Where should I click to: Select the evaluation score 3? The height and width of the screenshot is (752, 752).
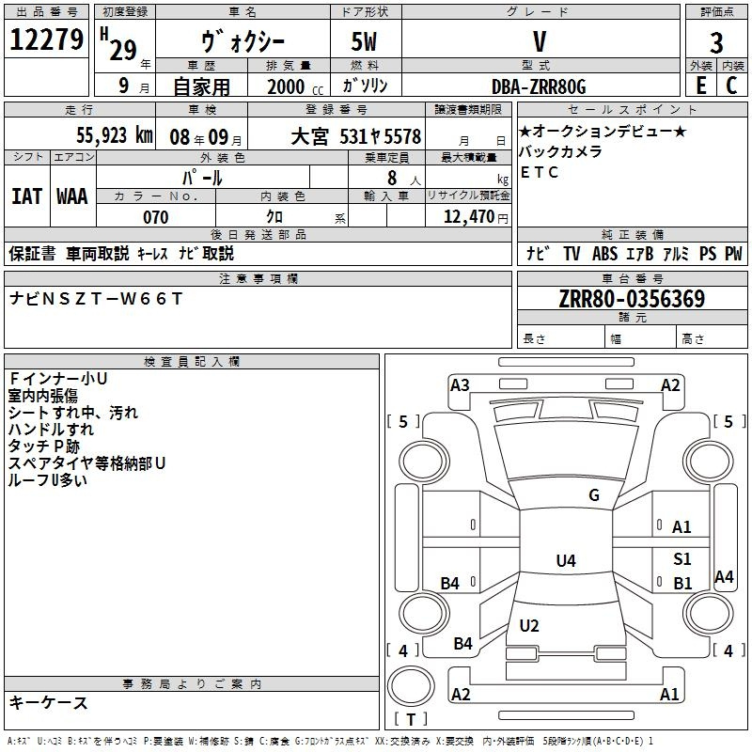coord(716,43)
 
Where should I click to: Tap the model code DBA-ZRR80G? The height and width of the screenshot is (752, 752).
coord(539,86)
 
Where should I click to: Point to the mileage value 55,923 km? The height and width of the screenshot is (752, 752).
coord(104,135)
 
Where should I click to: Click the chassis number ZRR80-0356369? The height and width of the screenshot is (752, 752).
coord(632,299)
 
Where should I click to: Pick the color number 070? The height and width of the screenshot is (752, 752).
coord(155,217)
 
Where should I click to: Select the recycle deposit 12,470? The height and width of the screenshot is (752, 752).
coord(466,217)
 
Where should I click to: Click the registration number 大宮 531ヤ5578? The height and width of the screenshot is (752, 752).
coord(355,136)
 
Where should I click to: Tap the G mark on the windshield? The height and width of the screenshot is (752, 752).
coord(593,495)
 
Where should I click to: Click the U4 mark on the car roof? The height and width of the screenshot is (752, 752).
coord(565,561)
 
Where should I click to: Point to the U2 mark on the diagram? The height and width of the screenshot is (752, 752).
coord(529,626)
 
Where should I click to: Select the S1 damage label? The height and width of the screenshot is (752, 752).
coord(682,559)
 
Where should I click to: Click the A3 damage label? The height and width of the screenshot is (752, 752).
coord(460,384)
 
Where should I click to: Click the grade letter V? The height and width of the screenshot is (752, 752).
coord(539,41)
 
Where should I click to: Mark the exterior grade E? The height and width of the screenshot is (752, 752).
coord(700,86)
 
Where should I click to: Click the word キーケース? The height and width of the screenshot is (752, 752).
coord(48,702)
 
